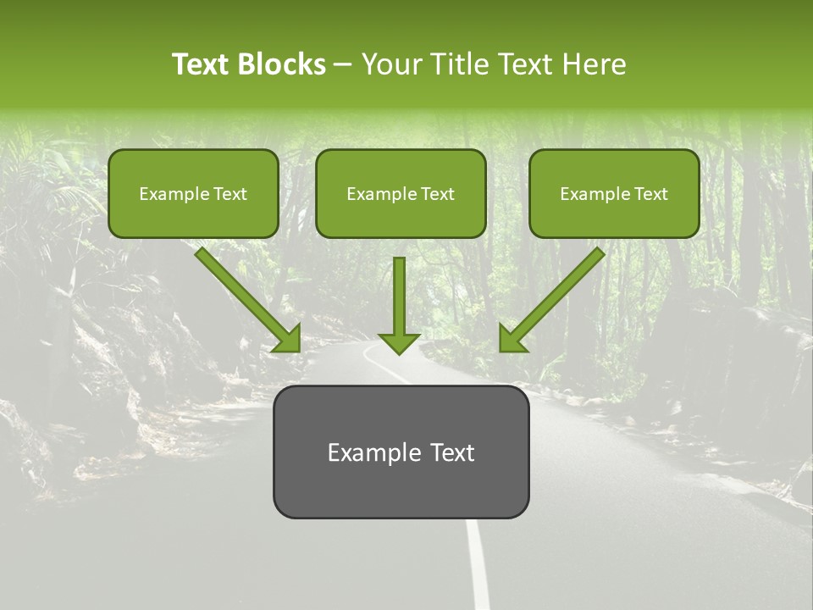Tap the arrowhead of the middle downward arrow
coord(399,342)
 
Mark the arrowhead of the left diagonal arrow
coord(288,339)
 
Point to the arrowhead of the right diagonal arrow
coord(512,339)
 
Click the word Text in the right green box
coord(651,194)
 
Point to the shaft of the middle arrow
coord(399,292)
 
